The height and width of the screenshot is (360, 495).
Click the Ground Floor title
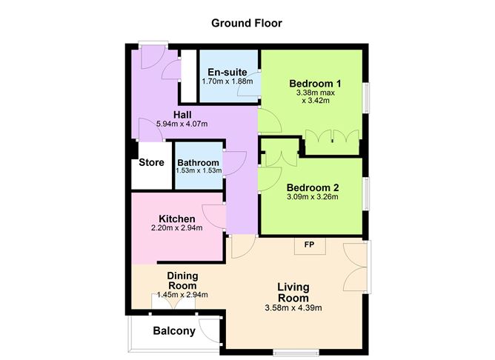pos(247,23)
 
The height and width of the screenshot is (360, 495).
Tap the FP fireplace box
pos(310,246)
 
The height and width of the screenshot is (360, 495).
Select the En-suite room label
pos(227,72)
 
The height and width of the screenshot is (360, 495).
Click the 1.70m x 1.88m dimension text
pos(227,81)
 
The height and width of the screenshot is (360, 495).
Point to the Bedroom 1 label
pos(315,84)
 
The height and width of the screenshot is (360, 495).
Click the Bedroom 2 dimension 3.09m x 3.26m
pos(313,197)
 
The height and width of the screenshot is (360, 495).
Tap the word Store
pos(151,162)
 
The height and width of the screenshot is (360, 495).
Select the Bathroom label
pos(199,162)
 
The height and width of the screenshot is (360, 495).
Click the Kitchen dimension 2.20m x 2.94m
pos(177,228)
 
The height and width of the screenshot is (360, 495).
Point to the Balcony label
pos(174,331)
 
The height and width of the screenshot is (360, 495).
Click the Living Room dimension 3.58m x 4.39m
pos(293,307)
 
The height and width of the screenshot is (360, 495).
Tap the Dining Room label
pos(182,281)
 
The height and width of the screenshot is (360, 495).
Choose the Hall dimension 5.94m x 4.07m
pos(182,124)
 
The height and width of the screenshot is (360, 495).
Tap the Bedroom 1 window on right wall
pos(365,98)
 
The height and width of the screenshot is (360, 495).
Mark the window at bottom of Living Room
pos(296,353)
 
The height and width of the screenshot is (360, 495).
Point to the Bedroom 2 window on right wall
pos(365,193)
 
